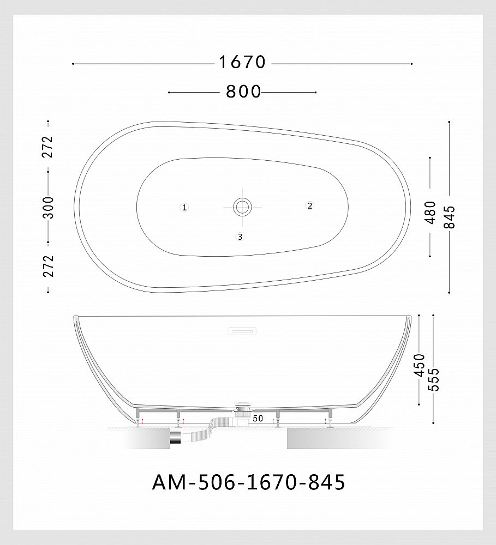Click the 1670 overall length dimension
(242, 63)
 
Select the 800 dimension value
(243, 92)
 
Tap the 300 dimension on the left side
(49, 207)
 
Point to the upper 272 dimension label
(49, 146)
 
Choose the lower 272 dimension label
(49, 266)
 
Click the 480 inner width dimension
(431, 212)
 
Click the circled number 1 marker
(184, 207)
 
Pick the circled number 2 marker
(309, 205)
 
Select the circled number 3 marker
(240, 237)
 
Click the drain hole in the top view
(242, 207)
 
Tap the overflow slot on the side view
(241, 330)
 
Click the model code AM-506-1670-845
(248, 482)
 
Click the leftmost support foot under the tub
(138, 417)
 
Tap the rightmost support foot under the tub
(330, 417)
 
